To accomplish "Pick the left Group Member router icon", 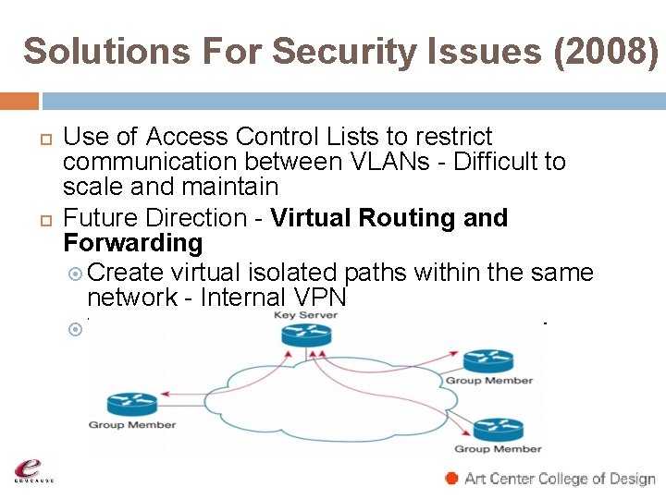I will (132, 404).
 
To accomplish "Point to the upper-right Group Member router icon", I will (488, 360).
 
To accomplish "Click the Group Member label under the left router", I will (131, 425).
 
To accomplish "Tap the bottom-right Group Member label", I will (498, 449).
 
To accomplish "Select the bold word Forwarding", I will (132, 244).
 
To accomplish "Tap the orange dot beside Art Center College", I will (451, 479).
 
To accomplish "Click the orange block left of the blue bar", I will (19, 101).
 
